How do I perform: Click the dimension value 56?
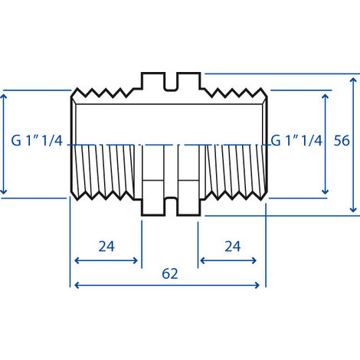pyautogui.click(x=342, y=141)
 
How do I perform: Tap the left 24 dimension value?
pyautogui.click(x=106, y=246)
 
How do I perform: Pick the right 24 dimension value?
pyautogui.click(x=231, y=246)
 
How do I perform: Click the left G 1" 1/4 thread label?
pyautogui.click(x=38, y=141)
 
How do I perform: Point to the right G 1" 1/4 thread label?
pyautogui.click(x=297, y=141)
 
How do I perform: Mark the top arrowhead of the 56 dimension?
pyautogui.click(x=353, y=77)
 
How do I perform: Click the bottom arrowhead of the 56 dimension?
pyautogui.click(x=353, y=210)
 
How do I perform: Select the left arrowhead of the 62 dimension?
pyautogui.click(x=74, y=286)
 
